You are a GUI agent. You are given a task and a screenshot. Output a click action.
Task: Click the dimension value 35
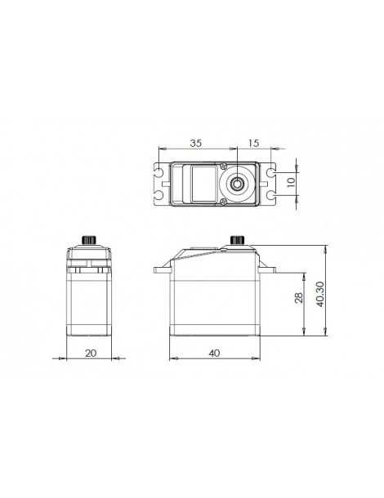tap(196, 143)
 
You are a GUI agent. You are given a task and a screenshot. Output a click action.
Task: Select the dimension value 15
tap(253, 143)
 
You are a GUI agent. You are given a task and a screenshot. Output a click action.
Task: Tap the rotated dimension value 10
tap(291, 182)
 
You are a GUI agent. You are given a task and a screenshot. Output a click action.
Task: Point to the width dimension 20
tap(91, 353)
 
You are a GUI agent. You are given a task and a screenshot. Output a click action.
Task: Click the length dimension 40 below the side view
tap(214, 353)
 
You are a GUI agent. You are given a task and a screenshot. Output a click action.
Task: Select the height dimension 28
tap(299, 298)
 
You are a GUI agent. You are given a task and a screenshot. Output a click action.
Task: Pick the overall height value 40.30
tap(320, 294)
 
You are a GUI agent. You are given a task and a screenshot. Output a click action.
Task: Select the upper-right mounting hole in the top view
tap(270, 172)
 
